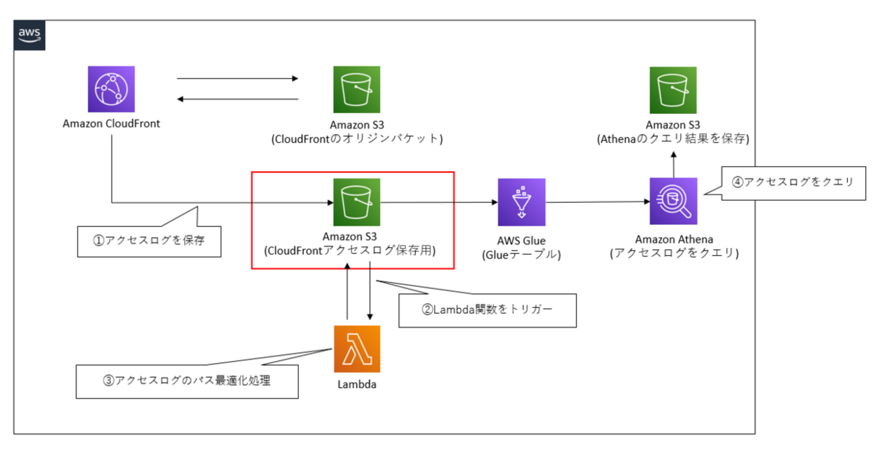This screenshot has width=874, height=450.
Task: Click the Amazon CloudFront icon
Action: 111,89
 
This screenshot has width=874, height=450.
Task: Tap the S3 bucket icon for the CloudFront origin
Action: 357,89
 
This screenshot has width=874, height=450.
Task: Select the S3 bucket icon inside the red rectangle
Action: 357,201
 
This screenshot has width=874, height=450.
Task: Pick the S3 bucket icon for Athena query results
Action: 673,89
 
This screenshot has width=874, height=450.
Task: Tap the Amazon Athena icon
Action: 673,201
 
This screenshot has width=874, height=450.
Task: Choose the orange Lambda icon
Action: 357,348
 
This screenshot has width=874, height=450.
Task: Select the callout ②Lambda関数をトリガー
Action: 487,310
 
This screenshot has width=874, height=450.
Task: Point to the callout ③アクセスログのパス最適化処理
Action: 186,381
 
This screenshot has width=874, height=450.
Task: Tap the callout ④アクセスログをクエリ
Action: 793,182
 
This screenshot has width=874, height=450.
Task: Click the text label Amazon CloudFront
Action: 111,124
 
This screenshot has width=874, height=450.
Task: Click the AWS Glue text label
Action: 522,240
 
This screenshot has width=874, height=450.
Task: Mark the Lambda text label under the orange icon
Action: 357,385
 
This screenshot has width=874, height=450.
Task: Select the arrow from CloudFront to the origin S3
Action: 237,79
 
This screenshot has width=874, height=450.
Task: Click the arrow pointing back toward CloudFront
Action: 237,100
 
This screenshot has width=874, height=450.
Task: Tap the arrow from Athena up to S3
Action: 673,162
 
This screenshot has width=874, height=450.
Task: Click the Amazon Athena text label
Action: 673,240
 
